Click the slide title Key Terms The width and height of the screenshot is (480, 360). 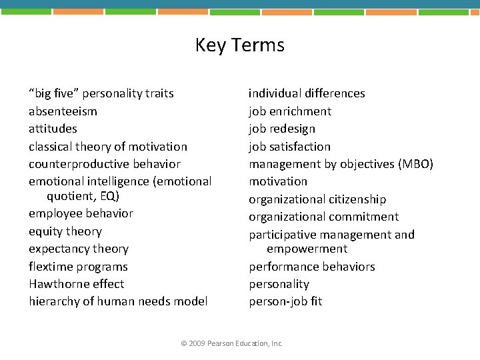(x=239, y=45)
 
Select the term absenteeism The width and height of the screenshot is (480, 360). (x=63, y=111)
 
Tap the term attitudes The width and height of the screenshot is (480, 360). (x=53, y=129)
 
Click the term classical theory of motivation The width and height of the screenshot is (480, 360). (x=108, y=147)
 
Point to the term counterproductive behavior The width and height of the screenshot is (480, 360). (x=105, y=164)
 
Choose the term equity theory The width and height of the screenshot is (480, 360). (x=65, y=231)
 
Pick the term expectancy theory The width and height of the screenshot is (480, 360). (x=79, y=249)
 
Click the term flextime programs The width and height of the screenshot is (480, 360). (x=78, y=267)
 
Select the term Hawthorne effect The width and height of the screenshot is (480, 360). (x=76, y=284)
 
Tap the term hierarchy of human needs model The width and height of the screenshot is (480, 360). (x=118, y=301)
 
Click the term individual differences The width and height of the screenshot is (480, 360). (x=307, y=93)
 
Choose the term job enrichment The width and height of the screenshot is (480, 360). (x=290, y=111)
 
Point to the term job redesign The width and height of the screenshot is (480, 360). (x=282, y=129)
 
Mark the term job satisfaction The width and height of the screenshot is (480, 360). (x=289, y=147)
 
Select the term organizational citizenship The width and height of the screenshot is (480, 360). (x=317, y=199)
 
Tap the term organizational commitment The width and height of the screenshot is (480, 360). (x=324, y=217)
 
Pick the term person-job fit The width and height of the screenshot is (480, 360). (x=285, y=301)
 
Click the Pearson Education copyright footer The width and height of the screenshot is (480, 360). (x=232, y=343)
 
